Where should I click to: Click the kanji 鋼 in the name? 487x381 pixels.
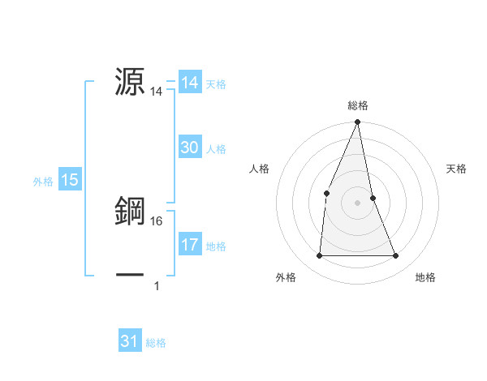tap(131, 211)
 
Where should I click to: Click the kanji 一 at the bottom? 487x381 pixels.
tap(131, 274)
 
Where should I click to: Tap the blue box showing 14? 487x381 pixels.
tap(190, 82)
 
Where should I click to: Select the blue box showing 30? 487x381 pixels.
tap(190, 148)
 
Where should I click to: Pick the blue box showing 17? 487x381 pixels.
tap(190, 244)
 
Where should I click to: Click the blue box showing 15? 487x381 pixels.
tap(70, 180)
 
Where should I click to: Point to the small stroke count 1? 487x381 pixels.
tap(156, 285)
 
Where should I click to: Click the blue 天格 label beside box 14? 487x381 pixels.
tap(216, 83)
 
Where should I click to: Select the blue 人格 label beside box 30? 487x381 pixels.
tap(216, 149)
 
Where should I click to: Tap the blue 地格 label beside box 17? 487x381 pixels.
tap(216, 246)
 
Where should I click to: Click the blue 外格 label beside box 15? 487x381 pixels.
tap(43, 182)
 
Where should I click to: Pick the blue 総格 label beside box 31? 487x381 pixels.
tap(156, 343)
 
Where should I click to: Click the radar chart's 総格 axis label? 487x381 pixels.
tap(357, 105)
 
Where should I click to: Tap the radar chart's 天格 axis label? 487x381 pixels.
tap(456, 169)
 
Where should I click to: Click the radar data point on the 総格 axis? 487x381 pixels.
tap(357, 122)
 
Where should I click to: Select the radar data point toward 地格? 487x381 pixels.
tap(395, 256)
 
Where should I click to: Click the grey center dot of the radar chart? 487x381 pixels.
tap(357, 203)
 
